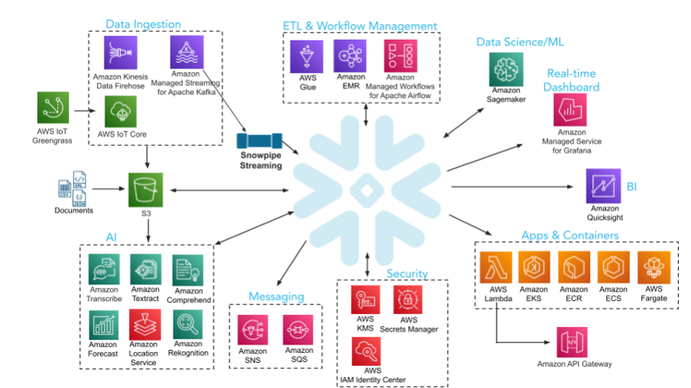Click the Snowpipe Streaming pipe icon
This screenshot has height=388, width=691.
coord(260,142)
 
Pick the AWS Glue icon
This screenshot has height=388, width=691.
coord(307,56)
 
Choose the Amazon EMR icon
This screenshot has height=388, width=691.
coord(350,56)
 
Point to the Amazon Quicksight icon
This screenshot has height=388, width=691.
coord(603,186)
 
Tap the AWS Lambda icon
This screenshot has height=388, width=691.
coord(497,267)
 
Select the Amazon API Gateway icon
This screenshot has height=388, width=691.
coord(574,341)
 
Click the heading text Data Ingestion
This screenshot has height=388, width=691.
coord(143,24)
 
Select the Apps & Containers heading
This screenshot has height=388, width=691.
coord(569,235)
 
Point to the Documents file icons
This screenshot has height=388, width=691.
coord(73,192)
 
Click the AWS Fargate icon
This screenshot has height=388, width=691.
coord(654,267)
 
